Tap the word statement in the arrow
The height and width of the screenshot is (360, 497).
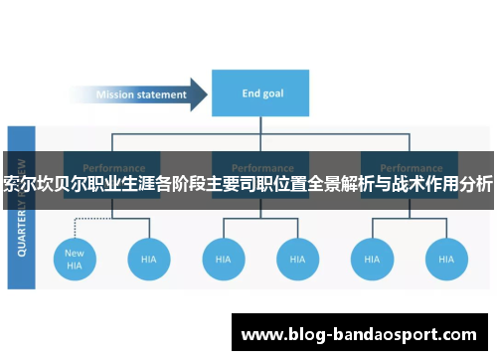(x=163, y=95)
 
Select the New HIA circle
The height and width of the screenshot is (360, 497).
(x=76, y=259)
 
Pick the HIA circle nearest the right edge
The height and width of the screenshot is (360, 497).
(x=446, y=259)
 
